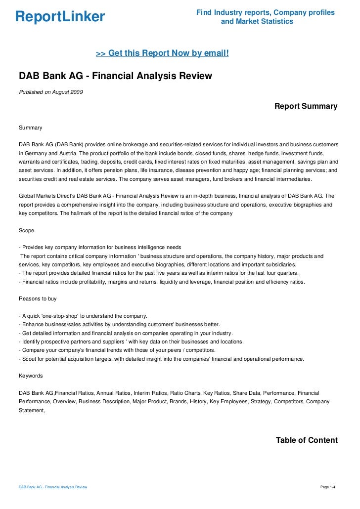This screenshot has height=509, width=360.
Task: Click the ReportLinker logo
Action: (x=60, y=17)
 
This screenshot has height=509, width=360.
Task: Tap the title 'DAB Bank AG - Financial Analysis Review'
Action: (x=115, y=76)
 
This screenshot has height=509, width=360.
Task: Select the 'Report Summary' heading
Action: (x=306, y=106)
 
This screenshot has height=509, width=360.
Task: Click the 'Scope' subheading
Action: (x=26, y=230)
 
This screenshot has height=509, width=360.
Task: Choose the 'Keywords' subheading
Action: (x=31, y=375)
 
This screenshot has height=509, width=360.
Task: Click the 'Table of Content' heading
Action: (x=307, y=440)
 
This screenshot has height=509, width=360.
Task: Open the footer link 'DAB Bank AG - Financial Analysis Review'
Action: (x=53, y=487)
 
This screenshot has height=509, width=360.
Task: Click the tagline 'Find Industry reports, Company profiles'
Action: (x=265, y=12)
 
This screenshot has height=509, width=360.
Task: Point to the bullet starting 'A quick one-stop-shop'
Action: (x=82, y=316)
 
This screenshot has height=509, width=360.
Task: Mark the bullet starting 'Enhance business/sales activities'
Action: (x=119, y=324)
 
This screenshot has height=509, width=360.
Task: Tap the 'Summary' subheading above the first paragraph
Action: (x=31, y=127)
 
